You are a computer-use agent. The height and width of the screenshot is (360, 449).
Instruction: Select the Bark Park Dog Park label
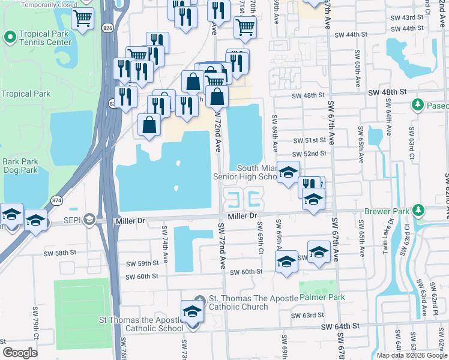click(20, 166)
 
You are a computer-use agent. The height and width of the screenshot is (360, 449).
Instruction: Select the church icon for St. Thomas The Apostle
click(200, 299)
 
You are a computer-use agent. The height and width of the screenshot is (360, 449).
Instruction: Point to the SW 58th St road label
click(58, 254)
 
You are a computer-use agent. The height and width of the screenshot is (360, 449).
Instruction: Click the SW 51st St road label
click(309, 140)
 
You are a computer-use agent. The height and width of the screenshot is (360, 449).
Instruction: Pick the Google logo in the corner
click(20, 353)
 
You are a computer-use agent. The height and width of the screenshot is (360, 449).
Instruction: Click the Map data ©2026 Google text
click(412, 355)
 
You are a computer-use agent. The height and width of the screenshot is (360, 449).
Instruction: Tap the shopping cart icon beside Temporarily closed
click(82, 17)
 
